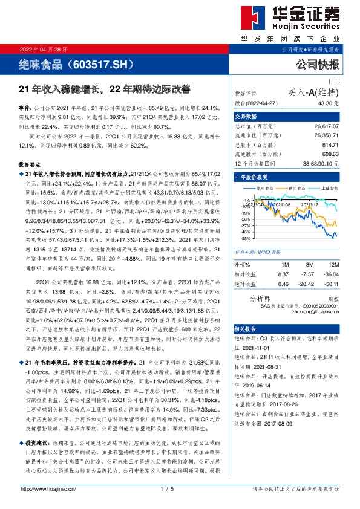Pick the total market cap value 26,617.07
(326, 128)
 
